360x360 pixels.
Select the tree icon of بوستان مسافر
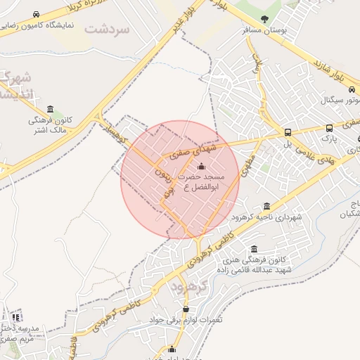264,19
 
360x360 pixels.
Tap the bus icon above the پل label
287,132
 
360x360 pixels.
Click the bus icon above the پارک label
329,129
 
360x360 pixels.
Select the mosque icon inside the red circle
202,167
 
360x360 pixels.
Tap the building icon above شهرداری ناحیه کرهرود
266,206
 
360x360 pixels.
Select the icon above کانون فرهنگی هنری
253,250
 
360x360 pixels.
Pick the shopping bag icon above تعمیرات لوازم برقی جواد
186,309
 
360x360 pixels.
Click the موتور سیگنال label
340,101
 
